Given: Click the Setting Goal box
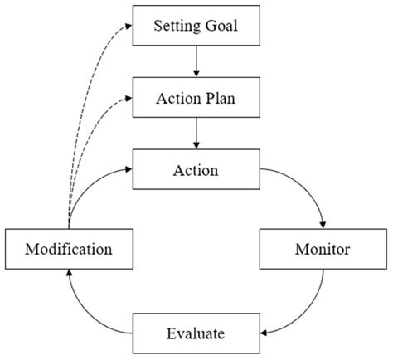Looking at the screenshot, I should tap(197, 25).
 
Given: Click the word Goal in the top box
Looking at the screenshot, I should tap(219, 25).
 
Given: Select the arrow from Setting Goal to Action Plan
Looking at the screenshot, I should tap(197, 61).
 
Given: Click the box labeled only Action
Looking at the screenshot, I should tap(197, 172).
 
